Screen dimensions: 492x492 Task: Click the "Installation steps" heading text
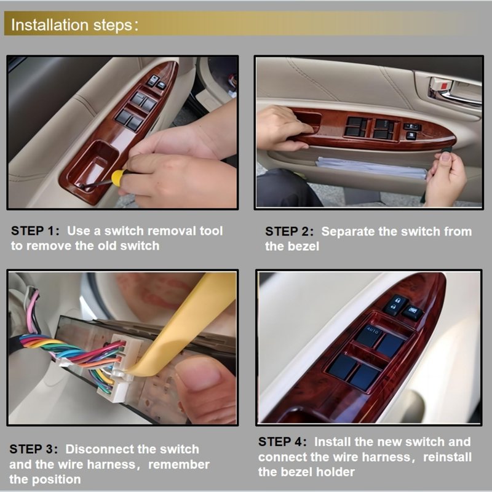tap(72, 25)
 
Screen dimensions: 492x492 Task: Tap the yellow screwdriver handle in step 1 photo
tap(119, 177)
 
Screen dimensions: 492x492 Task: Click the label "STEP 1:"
tap(35, 231)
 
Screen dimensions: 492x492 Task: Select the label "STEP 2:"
tap(289, 232)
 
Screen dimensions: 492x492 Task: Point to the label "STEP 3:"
tap(34, 449)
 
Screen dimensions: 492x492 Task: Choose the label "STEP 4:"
tap(282, 442)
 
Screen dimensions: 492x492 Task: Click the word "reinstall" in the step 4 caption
tap(447, 457)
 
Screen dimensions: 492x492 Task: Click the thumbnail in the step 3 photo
tap(200, 374)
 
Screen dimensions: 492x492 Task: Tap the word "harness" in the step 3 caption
tap(112, 464)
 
